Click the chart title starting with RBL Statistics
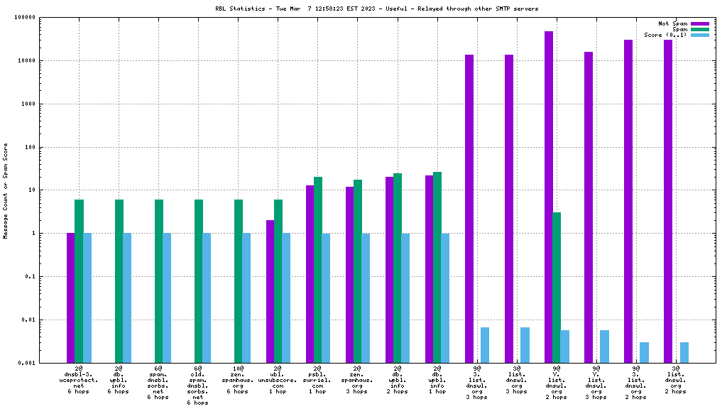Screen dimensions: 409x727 pos(376,9)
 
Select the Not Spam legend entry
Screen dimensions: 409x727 pos(672,23)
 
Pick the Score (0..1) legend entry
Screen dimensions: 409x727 pos(665,35)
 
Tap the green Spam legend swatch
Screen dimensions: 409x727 pos(699,29)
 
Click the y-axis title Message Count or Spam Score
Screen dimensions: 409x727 pos(6,190)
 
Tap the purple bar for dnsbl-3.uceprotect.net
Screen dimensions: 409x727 pos(71,298)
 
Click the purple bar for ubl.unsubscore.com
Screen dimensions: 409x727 pos(270,291)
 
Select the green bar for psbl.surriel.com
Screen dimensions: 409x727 pos(318,269)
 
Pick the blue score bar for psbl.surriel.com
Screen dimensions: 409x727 pos(326,298)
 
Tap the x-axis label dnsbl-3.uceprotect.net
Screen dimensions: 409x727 pos(80,380)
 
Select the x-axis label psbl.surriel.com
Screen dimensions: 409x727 pos(318,380)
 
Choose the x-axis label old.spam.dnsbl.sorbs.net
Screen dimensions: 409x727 pos(198,386)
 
